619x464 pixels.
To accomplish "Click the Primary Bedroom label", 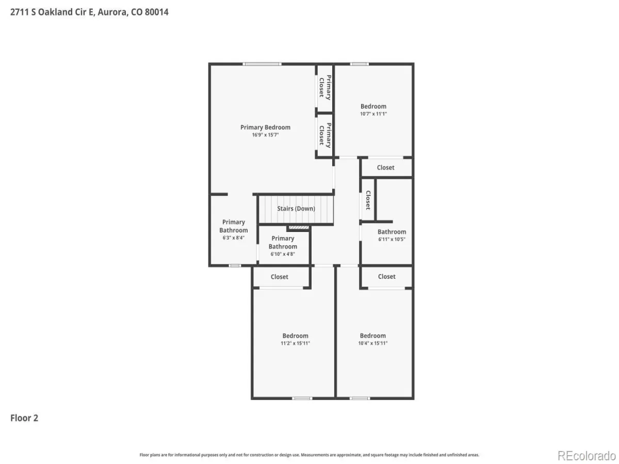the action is click(265, 127).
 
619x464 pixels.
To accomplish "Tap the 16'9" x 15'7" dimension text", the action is click(265, 135).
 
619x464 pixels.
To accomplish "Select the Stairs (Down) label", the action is click(296, 209).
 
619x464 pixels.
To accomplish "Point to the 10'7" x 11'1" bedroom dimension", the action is click(373, 114).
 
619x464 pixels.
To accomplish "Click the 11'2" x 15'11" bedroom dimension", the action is click(295, 343).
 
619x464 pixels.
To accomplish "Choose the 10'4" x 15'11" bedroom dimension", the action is click(372, 343).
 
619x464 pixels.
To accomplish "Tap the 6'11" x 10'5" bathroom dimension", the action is click(392, 239).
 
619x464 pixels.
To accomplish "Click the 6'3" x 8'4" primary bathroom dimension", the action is click(233, 238).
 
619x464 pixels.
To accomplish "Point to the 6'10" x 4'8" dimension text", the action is click(283, 254).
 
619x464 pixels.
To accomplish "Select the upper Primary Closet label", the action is click(325, 87).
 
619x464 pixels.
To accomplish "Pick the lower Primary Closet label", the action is click(325, 135).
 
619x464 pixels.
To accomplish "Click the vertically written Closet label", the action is click(368, 200).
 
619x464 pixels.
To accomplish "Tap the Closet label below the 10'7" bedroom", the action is click(385, 168).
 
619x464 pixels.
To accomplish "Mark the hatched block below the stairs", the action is click(299, 227).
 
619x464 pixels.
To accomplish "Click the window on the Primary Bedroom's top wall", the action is click(262, 64).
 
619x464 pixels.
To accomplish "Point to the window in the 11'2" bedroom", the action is click(302, 399).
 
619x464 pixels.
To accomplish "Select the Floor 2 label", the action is click(24, 418).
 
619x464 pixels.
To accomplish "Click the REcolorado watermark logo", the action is click(587, 456).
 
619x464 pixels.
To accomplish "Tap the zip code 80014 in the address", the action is click(156, 12).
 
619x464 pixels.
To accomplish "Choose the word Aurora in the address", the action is click(113, 12).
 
